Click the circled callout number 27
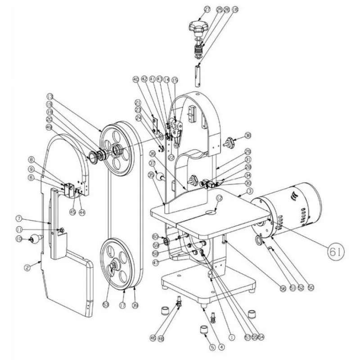[207, 9]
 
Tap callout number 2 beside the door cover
[27, 267]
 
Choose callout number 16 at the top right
[234, 9]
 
